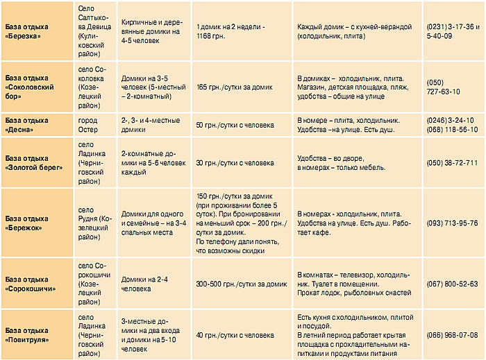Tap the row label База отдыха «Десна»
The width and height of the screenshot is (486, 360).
coord(26,125)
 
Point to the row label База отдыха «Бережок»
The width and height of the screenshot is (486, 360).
coord(26,222)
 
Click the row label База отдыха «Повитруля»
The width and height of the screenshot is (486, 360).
coord(28,335)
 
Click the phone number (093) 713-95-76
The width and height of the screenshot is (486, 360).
coord(452,223)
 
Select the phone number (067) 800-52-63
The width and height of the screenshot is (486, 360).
coord(452,284)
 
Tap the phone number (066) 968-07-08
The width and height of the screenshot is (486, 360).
coord(452,335)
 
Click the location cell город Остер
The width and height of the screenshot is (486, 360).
coord(88,125)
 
